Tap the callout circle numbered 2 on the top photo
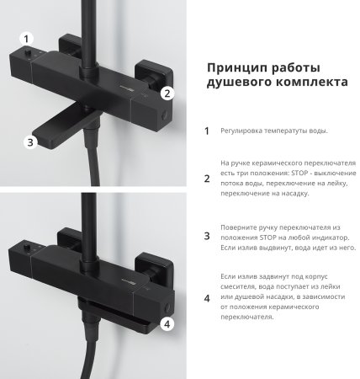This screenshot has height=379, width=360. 167,93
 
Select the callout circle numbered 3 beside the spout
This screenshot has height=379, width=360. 30,142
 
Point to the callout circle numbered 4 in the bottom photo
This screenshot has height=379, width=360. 167,323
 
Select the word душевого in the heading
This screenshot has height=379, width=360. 236,85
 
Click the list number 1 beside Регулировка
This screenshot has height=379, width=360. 207,131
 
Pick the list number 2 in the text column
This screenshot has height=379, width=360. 207,178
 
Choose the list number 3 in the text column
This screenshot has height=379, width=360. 207,238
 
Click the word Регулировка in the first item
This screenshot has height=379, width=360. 245,131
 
